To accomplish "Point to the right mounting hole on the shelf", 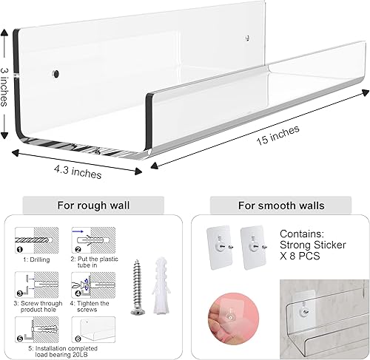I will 245,34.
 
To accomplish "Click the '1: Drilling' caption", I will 36,261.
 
